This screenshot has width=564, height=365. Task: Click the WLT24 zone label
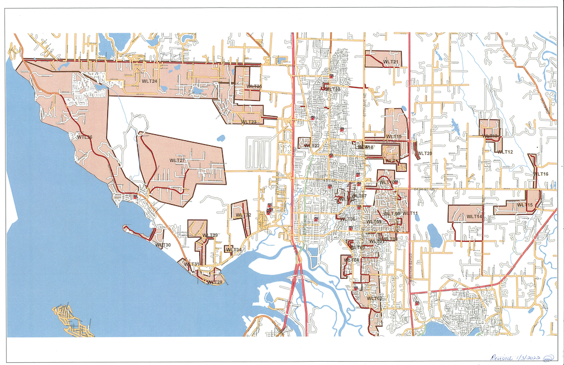(149, 81)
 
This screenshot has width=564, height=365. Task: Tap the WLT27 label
(177, 161)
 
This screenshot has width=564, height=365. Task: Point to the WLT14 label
(474, 217)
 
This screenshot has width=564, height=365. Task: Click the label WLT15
(524, 205)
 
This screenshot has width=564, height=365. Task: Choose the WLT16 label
(540, 174)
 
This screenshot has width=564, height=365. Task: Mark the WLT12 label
(505, 152)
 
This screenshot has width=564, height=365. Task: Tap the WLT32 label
(243, 215)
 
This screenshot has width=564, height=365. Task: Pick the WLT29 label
(210, 236)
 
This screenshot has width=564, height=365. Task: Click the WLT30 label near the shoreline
(163, 245)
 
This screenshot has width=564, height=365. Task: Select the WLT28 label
(215, 282)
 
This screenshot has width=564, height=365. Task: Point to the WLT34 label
(234, 250)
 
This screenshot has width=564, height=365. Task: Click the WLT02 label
(375, 298)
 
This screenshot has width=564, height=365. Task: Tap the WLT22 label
(312, 145)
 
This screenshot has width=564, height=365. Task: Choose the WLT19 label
(393, 137)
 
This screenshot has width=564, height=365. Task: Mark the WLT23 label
(248, 122)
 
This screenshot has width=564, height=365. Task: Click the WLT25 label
(254, 86)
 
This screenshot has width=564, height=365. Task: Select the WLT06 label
(348, 219)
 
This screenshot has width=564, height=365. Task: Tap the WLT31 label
(191, 264)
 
